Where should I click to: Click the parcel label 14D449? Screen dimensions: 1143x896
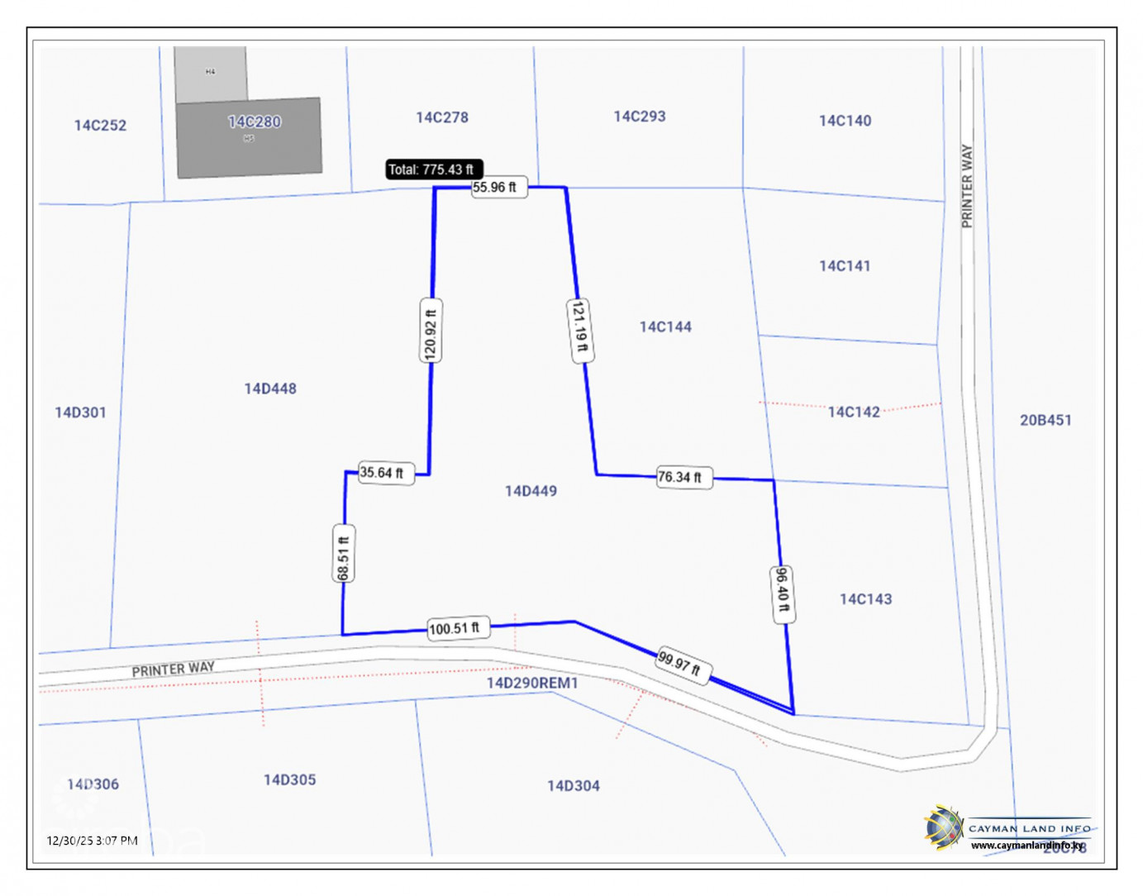tap(531, 491)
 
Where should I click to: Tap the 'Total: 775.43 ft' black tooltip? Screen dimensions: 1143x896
tap(433, 169)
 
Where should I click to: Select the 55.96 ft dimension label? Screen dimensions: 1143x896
tap(498, 188)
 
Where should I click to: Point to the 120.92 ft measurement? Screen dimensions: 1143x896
tap(430, 331)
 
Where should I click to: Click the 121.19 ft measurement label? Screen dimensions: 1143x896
tap(580, 331)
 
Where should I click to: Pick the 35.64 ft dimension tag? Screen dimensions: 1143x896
tap(384, 473)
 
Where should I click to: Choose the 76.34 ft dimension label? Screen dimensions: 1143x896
tap(683, 477)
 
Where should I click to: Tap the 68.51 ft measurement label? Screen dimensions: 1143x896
tap(344, 553)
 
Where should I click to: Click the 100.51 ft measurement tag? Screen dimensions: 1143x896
tap(458, 628)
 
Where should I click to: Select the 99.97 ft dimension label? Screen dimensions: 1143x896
tap(683, 664)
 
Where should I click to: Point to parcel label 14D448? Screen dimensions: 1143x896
tap(270, 388)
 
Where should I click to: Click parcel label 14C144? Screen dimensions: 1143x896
tap(665, 326)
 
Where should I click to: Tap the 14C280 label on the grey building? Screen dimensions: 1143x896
tap(255, 122)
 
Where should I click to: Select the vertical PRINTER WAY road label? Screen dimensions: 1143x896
tap(967, 186)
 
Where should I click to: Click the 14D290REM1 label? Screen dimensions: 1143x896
tap(532, 683)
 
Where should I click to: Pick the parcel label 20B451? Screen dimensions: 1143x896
tap(1045, 420)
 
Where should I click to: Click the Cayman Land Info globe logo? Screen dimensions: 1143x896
tap(943, 827)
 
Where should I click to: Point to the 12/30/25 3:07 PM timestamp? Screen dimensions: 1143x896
tap(92, 841)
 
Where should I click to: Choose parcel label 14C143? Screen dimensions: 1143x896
tap(865, 599)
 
